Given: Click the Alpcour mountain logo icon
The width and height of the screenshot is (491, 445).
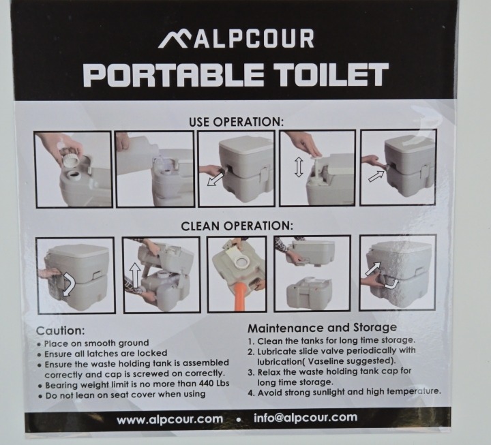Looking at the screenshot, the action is point(173,40).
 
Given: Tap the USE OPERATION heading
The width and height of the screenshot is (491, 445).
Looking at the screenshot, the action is point(236,122).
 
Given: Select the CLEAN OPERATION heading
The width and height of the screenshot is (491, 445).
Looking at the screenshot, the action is point(237,226).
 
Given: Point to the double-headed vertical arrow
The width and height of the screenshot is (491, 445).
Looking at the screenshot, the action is point(299,168).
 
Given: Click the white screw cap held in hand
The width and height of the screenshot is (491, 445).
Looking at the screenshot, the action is point(72,159).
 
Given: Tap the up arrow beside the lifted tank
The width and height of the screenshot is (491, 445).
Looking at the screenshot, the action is point(135,275).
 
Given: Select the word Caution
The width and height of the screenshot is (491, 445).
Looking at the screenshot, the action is point(61,331).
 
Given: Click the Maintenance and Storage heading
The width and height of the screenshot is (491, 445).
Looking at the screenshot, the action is point(322,328).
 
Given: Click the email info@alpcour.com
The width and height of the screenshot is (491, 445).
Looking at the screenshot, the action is point(306,418).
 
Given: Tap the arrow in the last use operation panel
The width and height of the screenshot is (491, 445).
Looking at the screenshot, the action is point(376,177).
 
